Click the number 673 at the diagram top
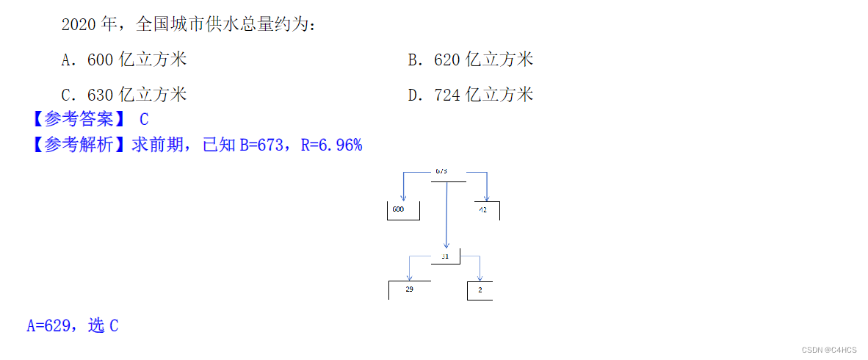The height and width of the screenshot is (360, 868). [441, 171]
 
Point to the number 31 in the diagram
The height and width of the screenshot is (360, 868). [444, 256]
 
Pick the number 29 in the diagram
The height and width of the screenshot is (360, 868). [409, 289]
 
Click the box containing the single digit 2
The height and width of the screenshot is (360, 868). [480, 289]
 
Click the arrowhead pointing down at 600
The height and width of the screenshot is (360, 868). [402, 197]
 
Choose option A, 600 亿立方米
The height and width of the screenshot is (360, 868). [124, 60]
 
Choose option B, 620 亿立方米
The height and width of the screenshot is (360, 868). [471, 60]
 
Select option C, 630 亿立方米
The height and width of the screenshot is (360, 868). [124, 95]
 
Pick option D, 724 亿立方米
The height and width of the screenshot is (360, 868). [471, 95]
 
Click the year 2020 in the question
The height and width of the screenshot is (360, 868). [79, 24]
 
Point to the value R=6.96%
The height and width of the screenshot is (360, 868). [331, 145]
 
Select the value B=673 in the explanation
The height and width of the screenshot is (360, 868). [261, 145]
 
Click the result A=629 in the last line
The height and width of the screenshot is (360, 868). [48, 325]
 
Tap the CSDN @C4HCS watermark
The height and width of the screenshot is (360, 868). [829, 350]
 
